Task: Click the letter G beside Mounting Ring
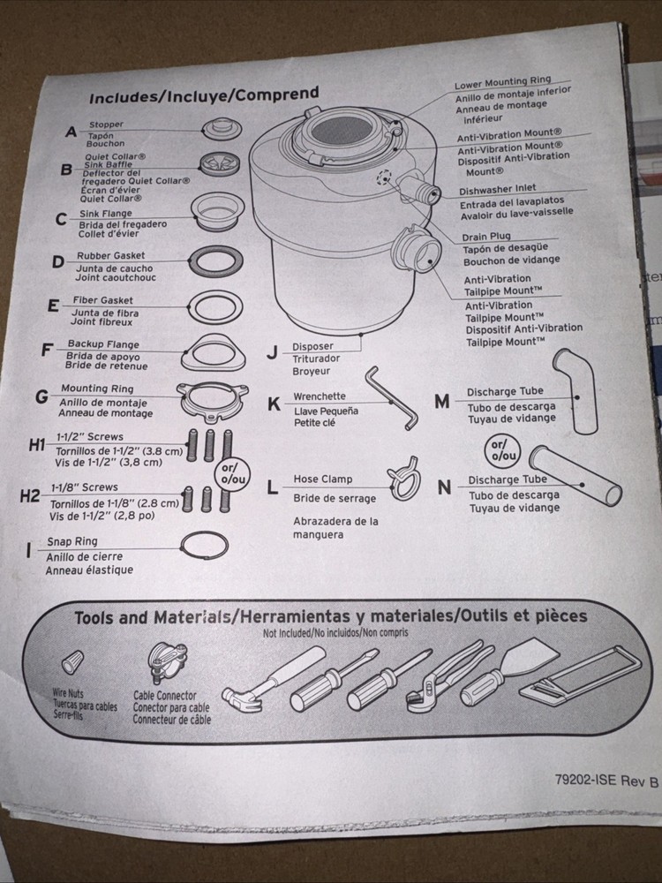point(41,396)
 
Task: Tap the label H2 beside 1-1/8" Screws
point(31,495)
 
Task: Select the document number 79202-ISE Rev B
point(607,780)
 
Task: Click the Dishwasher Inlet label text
point(509,190)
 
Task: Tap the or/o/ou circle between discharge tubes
point(501,449)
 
